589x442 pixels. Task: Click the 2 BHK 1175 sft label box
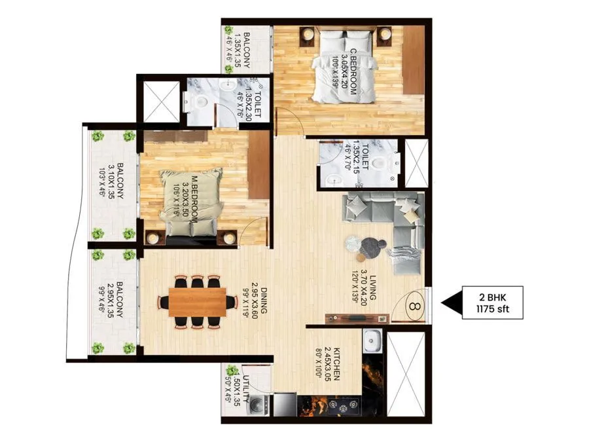[x=493, y=303]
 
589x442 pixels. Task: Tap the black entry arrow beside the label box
[x=450, y=303]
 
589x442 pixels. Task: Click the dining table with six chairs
[x=198, y=301]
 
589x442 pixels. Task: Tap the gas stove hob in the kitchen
[x=336, y=405]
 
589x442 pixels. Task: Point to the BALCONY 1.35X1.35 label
[x=239, y=46]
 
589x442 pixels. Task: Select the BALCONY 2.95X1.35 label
[x=115, y=303]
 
